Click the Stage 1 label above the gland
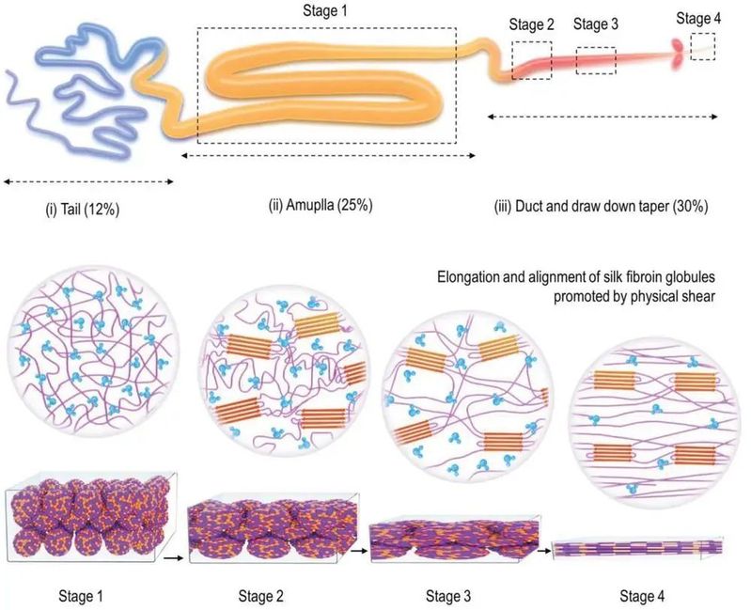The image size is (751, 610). click(x=326, y=11)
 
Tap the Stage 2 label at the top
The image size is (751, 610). click(x=531, y=24)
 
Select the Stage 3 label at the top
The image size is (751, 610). click(x=595, y=24)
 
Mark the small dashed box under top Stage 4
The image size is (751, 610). click(x=702, y=46)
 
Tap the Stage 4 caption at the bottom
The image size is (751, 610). click(x=644, y=594)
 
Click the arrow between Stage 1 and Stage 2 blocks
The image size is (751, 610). click(x=176, y=557)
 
